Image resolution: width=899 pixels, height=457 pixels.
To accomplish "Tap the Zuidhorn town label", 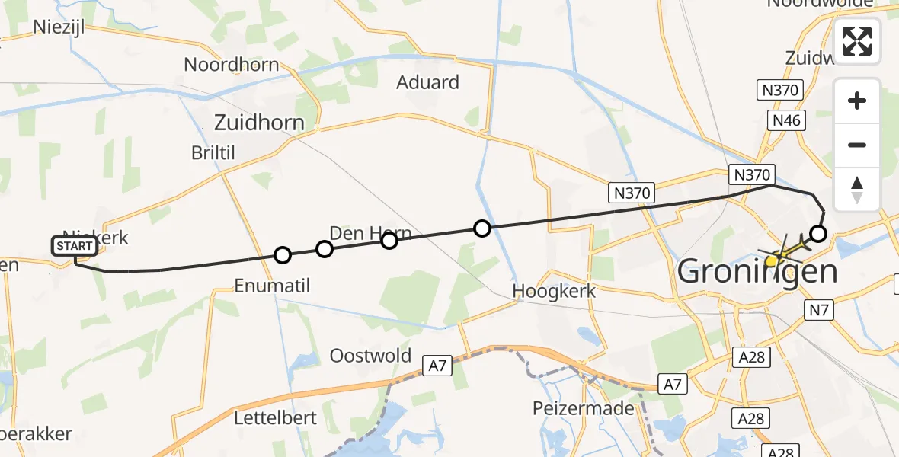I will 259,123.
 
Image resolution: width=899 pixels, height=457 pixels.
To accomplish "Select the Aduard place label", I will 427,82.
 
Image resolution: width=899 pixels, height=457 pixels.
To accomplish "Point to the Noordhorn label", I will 232,65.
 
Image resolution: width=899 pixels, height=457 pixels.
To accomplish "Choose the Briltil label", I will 213,152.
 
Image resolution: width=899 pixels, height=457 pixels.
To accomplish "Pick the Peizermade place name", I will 584,408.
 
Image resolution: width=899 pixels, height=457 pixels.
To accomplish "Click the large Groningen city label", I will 757,270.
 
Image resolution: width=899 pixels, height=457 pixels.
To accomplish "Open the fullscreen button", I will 857,41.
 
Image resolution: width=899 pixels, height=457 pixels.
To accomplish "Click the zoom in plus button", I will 857,101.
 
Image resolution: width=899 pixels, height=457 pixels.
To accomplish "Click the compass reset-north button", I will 857,189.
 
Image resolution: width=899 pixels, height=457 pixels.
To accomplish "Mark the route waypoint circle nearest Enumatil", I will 283,255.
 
